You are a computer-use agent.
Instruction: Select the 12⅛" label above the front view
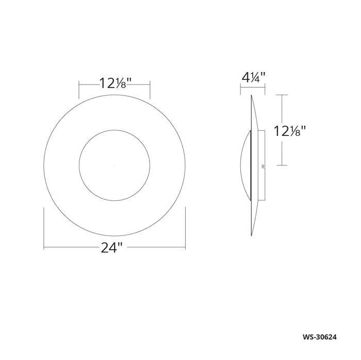coord(115,82)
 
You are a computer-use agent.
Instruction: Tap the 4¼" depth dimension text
coord(253,78)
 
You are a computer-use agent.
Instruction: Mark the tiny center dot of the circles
coord(114,165)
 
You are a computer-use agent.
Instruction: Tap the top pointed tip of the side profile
coord(252,96)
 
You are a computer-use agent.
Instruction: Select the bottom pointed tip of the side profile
coord(252,235)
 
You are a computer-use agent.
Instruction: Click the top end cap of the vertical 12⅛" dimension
coord(281,95)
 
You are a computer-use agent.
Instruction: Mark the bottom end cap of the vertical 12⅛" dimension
coord(281,165)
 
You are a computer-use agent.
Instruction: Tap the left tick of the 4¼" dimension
coord(240,90)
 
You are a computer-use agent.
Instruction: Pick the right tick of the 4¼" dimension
coord(265,90)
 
